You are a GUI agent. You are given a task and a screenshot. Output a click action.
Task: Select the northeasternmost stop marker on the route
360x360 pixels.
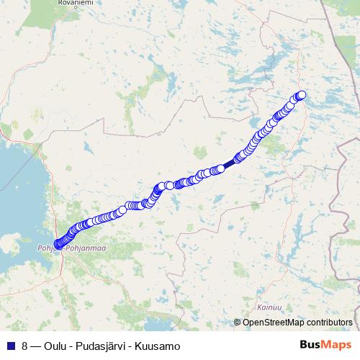pyautogui.click(x=302, y=95)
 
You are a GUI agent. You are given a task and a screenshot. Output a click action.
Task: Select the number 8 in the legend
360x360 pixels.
pyautogui.click(x=25, y=346)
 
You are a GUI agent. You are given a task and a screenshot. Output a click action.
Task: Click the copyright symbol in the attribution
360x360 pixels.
pyautogui.click(x=238, y=323)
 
